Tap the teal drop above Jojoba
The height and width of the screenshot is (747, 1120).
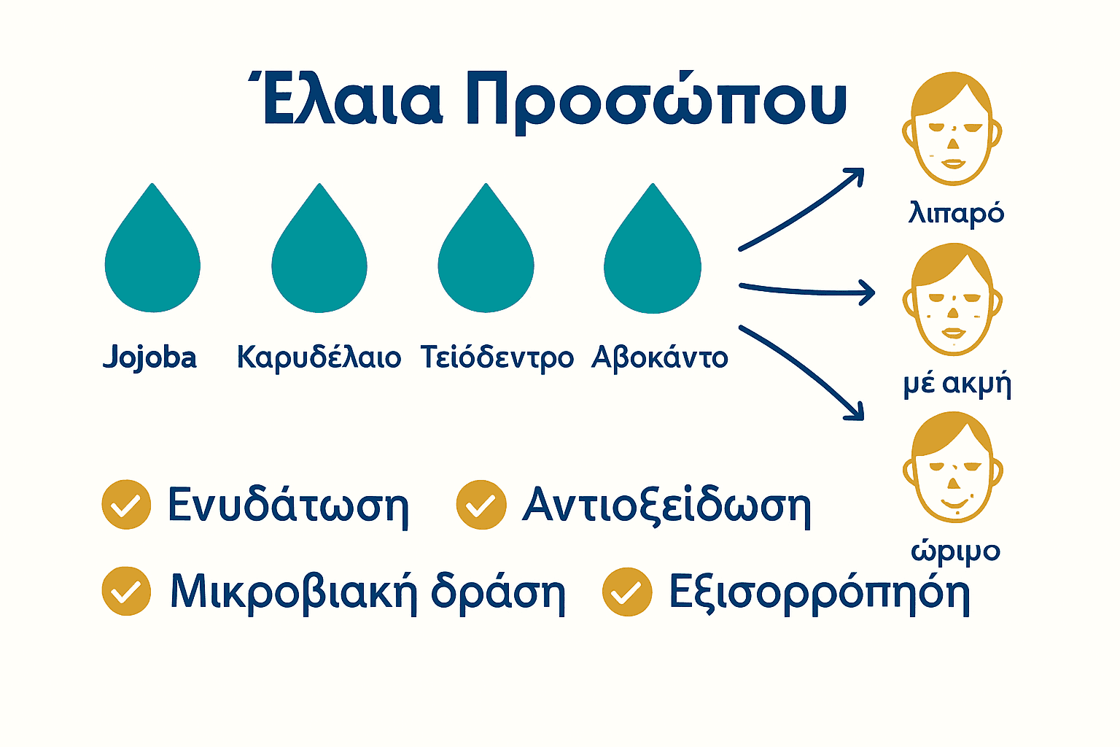(x=152, y=255)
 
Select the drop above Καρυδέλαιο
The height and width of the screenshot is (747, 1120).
(x=319, y=255)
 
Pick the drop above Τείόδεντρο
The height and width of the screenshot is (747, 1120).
(x=486, y=255)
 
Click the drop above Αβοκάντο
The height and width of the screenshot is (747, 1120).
(x=653, y=255)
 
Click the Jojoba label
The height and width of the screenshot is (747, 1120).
(x=149, y=357)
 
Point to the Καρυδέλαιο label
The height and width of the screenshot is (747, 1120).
(x=319, y=357)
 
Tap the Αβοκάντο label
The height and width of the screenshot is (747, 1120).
(x=659, y=357)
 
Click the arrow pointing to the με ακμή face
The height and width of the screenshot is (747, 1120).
(x=806, y=290)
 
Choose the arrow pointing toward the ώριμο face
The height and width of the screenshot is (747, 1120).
(x=802, y=372)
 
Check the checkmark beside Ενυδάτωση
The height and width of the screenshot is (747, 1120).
(x=126, y=504)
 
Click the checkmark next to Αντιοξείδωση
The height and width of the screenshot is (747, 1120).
(x=481, y=504)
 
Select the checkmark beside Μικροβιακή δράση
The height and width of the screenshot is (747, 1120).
(x=126, y=591)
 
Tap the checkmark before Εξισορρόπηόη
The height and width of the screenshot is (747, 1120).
(x=627, y=592)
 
